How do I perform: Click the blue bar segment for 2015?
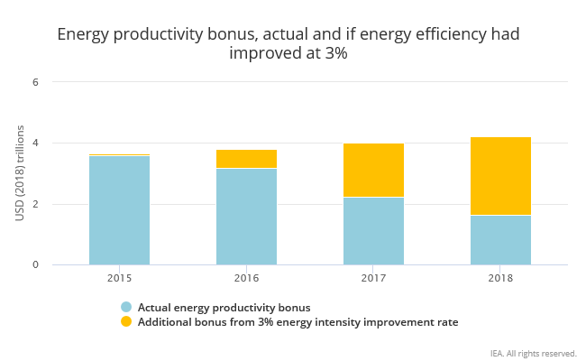click(x=119, y=210)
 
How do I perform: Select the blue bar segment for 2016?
click(x=246, y=217)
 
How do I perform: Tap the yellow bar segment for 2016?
click(x=246, y=159)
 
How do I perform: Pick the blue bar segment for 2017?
click(x=373, y=231)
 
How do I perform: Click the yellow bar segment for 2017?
click(x=373, y=171)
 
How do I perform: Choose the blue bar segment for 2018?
click(x=500, y=240)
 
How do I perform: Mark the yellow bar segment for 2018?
click(x=500, y=176)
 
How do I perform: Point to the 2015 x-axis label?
click(x=119, y=278)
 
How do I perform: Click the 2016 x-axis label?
click(x=246, y=278)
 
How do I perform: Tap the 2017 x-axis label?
click(x=373, y=278)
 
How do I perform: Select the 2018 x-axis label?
click(x=500, y=278)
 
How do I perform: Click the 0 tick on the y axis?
click(x=36, y=265)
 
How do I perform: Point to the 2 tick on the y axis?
click(x=36, y=204)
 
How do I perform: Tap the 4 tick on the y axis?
click(x=36, y=143)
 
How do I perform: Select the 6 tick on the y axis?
click(x=36, y=82)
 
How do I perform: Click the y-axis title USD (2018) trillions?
click(x=19, y=173)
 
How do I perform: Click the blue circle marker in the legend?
click(x=126, y=307)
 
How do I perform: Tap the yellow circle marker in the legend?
click(x=126, y=321)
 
